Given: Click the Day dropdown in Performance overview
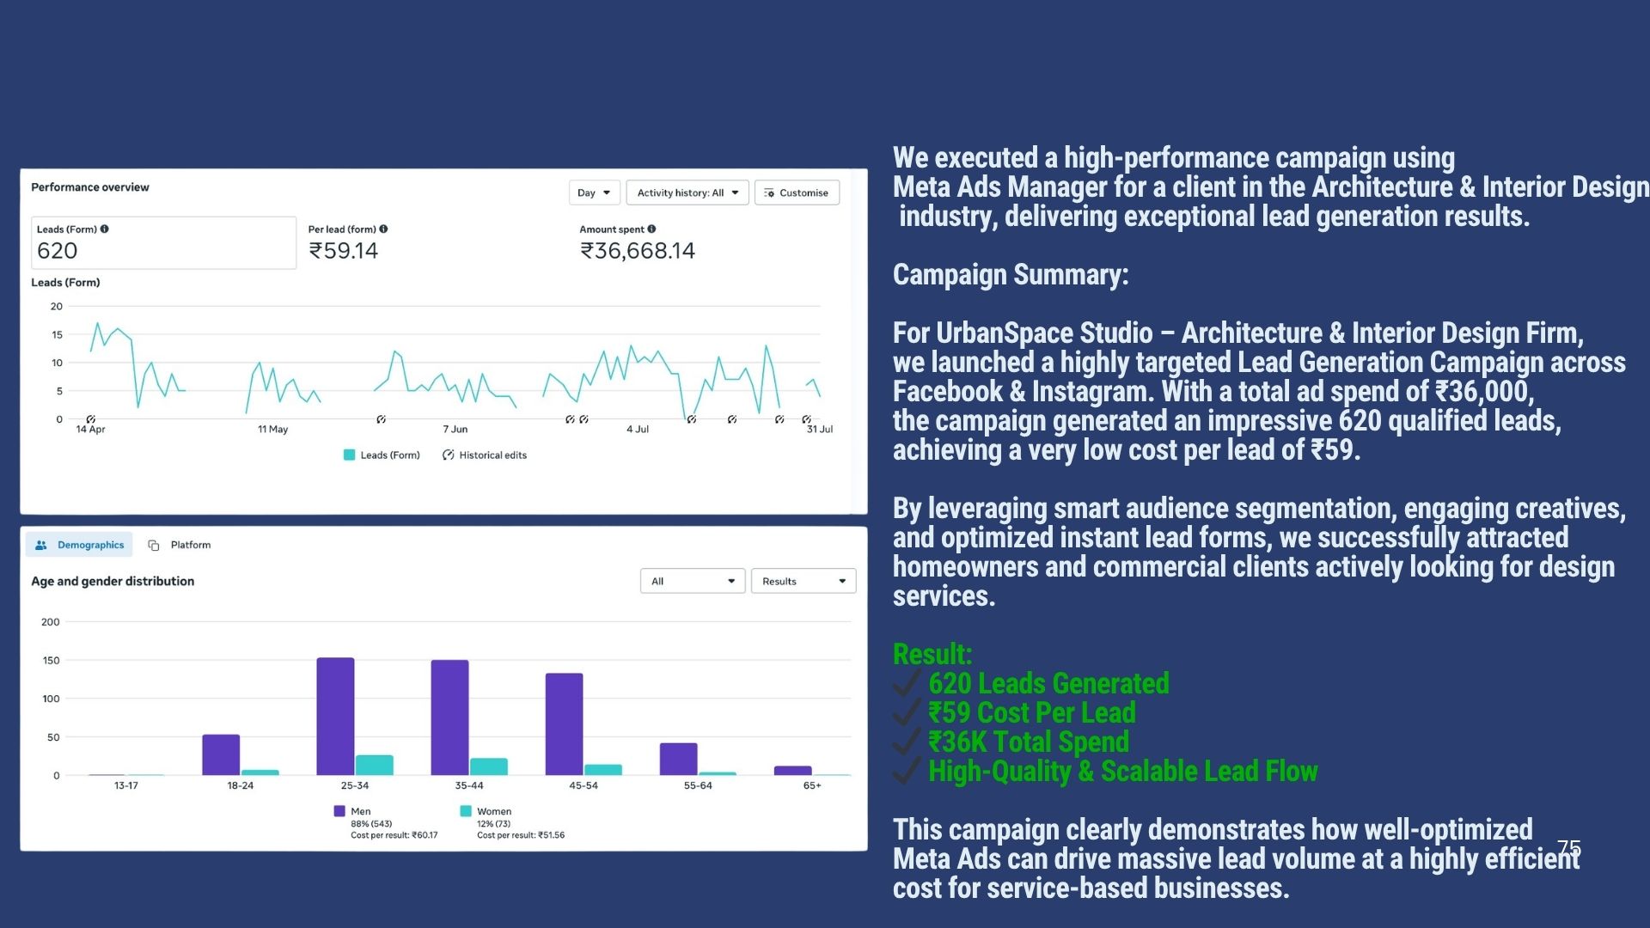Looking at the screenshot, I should point(593,192).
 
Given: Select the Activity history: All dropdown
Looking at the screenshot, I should point(687,192).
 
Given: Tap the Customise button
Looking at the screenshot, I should point(797,192).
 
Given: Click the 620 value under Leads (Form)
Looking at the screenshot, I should point(58,251).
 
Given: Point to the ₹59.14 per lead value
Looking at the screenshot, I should point(343,251).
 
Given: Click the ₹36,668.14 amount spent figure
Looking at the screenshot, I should point(637,251).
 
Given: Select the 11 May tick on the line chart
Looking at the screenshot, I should point(272,429).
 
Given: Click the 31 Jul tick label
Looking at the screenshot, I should point(819,429).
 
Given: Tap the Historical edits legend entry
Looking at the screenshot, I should point(485,455).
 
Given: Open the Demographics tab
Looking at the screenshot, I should point(80,545).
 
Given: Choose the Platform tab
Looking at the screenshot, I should point(180,545).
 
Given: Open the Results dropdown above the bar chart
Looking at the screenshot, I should point(803,582).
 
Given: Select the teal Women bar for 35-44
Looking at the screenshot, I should point(488,766).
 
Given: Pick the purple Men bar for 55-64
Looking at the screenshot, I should point(678,759).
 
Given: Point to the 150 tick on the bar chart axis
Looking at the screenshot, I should point(51,661).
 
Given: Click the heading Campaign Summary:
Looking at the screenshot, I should point(1010,275).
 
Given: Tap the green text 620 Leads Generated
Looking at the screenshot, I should point(1048,684).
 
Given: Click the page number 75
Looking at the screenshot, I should point(1568,847).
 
